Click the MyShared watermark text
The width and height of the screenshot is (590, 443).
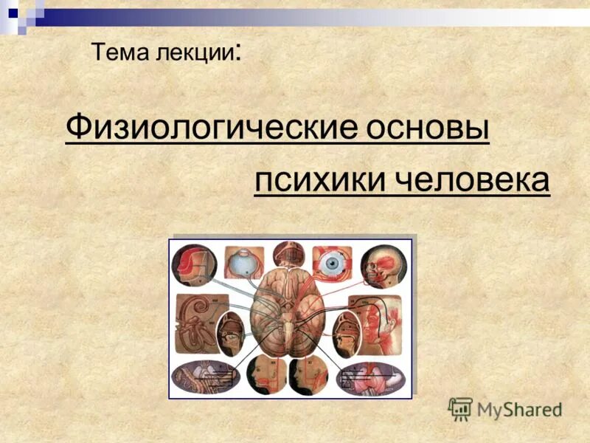[x=518, y=408]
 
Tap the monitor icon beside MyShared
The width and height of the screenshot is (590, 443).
[x=459, y=408]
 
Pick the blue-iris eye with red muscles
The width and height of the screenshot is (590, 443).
[x=333, y=262]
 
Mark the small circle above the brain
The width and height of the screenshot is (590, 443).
[x=288, y=254]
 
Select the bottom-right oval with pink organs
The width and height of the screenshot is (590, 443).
[x=373, y=377]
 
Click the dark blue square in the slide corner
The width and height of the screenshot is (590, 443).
[x=13, y=13]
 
